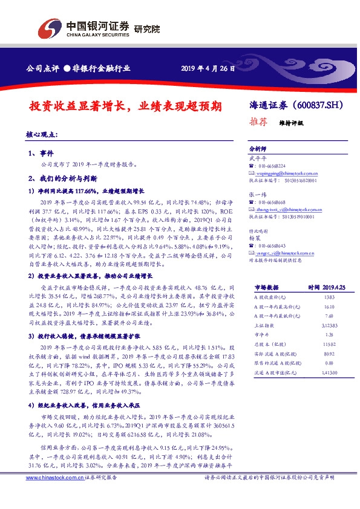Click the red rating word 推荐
[259, 122]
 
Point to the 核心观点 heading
[42, 134]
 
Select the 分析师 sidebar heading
[258, 148]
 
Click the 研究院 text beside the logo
[146, 28]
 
